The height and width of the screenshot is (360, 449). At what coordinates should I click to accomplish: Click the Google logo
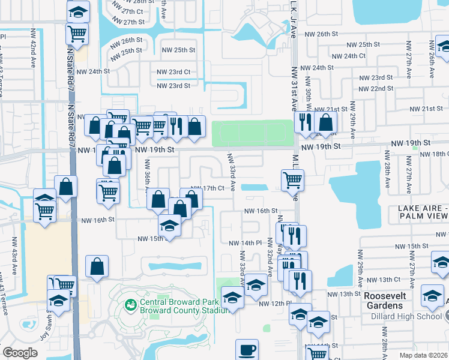(x=19, y=353)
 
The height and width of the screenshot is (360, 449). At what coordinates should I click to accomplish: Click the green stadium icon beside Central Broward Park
(x=130, y=306)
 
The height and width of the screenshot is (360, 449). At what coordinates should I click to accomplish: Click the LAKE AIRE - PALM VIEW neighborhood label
(x=423, y=212)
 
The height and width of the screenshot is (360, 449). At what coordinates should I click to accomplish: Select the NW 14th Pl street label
(x=246, y=242)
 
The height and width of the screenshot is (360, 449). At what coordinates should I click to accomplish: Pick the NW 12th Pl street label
(x=274, y=304)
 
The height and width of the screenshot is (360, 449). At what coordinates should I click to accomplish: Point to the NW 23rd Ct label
(x=173, y=72)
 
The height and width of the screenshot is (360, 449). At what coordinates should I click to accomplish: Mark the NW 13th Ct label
(x=384, y=280)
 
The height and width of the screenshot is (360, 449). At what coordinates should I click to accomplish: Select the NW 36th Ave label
(x=147, y=174)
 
